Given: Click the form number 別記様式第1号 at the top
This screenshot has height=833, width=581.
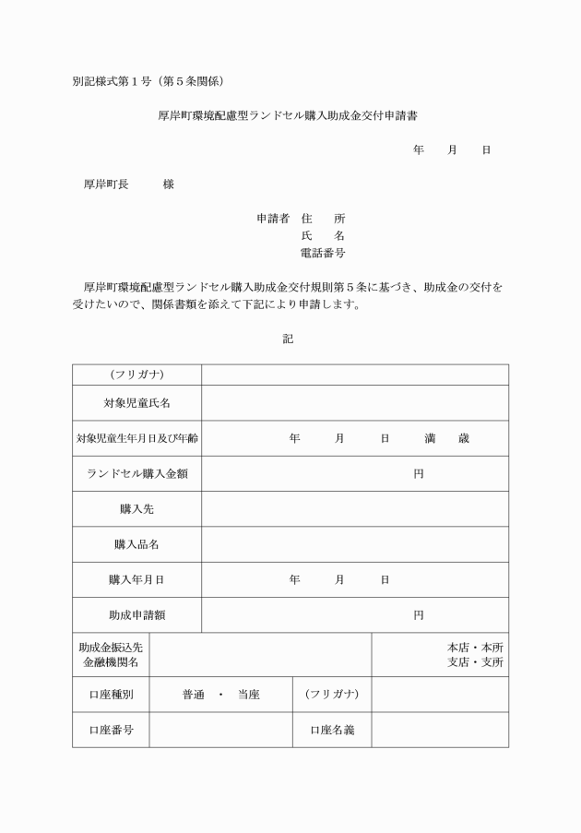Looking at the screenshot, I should pos(116,81).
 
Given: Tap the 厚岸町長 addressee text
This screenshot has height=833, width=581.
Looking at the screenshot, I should pos(105,184).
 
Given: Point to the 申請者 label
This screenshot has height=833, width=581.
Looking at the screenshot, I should pos(273,219).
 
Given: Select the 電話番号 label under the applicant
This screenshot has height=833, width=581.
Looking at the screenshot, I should pos(323,253).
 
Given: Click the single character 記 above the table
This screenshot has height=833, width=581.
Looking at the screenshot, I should pos(288,339).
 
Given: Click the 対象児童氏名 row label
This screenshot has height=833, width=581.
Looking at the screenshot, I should pos(136,403).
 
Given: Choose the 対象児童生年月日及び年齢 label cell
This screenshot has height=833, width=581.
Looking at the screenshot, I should pos(136,438).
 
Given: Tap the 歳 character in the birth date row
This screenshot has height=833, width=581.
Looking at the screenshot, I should pos(463,438).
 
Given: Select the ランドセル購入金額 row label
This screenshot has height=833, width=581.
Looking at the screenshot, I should pos(136,473).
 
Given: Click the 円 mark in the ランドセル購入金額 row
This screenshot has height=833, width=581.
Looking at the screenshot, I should pos(419,473).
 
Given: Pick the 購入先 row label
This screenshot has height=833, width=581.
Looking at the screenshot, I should pos(136,508).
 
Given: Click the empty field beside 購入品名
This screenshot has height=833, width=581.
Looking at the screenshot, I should pos(355,544).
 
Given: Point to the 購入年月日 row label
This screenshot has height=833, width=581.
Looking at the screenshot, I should pos(136,579).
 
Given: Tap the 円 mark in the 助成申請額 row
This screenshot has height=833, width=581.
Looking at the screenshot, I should pos(419,614).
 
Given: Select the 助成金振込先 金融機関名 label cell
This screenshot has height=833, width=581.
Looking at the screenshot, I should pos(111,655).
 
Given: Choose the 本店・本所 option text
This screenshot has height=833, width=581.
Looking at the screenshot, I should pos(475,648).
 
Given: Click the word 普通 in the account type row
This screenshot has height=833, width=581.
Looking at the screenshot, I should pos(194,695).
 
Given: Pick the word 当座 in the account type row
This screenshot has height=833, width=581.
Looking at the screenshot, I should pos(248,695).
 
